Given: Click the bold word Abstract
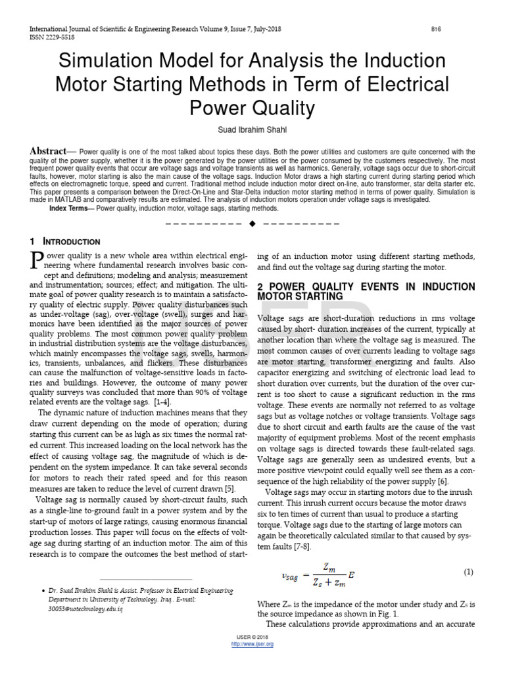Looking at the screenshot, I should tap(48, 151).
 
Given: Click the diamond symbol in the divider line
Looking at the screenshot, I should tap(252, 223).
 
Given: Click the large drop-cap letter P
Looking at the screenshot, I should tap(37, 260).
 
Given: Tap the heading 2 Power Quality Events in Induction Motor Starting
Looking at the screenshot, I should tap(366, 292).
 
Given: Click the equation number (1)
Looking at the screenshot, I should tap(468, 572).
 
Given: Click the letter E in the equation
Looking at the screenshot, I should tap(352, 574).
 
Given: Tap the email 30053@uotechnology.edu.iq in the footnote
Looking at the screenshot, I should tap(84, 609).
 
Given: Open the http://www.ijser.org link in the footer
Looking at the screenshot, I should tap(252, 644).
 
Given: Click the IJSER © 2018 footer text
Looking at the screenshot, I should tap(252, 638).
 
